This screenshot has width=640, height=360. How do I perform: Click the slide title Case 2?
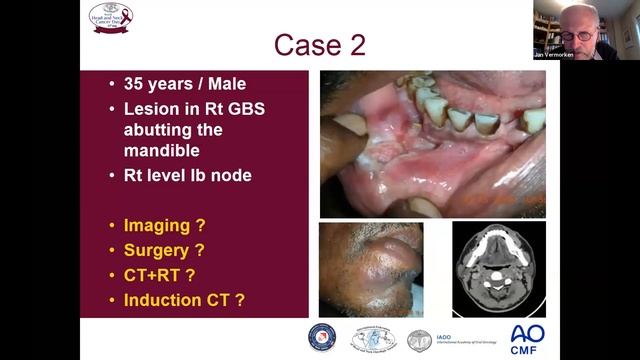[x=320, y=46]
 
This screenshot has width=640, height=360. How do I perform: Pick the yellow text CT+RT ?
[x=159, y=273]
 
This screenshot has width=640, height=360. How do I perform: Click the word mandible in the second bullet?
[x=165, y=152]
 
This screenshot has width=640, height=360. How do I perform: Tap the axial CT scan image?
[x=498, y=268]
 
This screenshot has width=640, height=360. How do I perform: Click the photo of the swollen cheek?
[x=371, y=269]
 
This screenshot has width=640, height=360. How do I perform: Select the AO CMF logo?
[x=527, y=338]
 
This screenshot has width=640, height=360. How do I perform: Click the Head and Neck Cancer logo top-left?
[x=111, y=16]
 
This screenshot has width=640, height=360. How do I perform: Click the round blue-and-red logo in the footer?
[x=322, y=337]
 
